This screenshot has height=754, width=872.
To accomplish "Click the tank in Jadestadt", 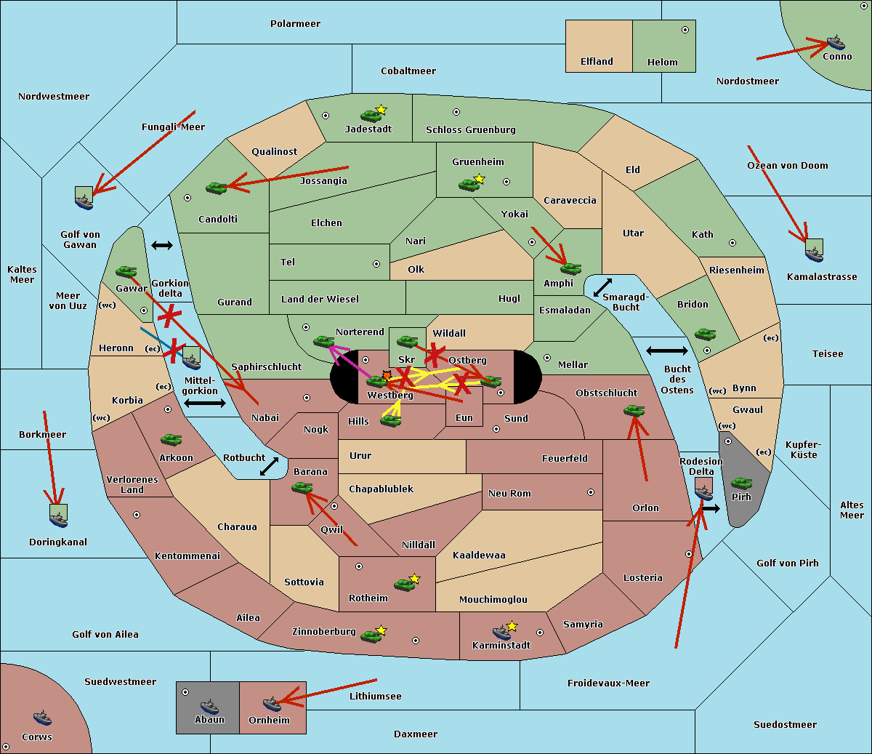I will coord(371,115).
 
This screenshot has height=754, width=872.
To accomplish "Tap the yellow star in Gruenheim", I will coord(479,179).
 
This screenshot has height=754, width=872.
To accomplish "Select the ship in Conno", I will coord(836,42).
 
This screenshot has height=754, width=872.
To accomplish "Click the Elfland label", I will coord(597,62).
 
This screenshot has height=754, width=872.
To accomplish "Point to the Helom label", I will coord(662,63).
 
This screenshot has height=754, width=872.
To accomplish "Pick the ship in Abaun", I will coord(209,706).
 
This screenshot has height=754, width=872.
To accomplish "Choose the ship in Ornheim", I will coord(272,704).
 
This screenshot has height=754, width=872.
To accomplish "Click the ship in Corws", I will coord(43,718).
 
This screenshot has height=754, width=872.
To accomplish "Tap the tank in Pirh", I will coord(741,484).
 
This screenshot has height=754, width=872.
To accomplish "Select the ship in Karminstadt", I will coord(501,632).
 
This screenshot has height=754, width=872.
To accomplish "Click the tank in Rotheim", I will coord(404,584).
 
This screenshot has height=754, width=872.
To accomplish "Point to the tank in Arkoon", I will coord(171,440).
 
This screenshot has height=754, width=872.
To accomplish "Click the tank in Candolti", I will coord(216,188).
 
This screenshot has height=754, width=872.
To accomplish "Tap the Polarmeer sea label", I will coord(295,24).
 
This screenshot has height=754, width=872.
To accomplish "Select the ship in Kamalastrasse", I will coord(814,252).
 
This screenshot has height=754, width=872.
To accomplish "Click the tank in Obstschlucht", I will coord(634,411).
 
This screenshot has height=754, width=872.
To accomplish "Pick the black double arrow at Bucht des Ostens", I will coord(666,351).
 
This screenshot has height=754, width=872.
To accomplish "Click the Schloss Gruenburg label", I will coord(470,130).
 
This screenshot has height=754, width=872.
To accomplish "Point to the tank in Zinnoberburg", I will coord(371,636).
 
